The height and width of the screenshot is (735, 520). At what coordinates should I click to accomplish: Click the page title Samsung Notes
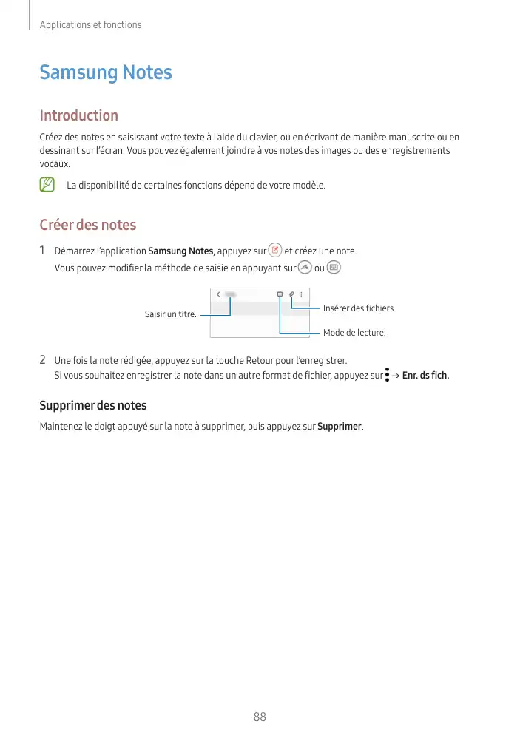106,72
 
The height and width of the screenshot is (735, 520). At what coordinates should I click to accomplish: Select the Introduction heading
78,115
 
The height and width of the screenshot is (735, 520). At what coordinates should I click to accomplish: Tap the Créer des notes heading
87,224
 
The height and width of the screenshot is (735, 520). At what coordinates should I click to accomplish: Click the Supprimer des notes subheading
92,405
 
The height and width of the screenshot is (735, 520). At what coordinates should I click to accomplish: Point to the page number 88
260,717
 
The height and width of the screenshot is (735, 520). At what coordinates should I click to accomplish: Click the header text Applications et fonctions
90,24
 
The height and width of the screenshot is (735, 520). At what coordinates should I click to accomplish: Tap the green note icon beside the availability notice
48,184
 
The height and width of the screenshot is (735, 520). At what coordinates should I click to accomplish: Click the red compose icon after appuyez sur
275,251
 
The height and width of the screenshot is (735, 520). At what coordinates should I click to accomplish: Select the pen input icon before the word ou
304,267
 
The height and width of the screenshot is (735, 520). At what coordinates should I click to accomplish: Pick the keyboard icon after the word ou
334,267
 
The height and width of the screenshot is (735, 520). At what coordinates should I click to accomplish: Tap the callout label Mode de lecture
354,333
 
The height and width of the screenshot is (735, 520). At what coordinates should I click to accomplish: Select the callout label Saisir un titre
170,314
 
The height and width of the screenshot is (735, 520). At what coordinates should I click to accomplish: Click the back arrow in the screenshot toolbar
218,294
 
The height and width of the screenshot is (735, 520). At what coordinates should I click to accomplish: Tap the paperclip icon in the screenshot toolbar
291,294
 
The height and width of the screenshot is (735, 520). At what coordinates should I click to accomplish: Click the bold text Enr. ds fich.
425,375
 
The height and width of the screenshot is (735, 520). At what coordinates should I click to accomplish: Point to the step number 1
43,251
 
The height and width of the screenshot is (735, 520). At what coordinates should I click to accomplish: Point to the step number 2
43,360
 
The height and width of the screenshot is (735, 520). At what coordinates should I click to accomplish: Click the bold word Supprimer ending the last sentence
340,427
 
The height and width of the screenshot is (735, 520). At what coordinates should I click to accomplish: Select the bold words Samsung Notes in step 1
180,251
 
